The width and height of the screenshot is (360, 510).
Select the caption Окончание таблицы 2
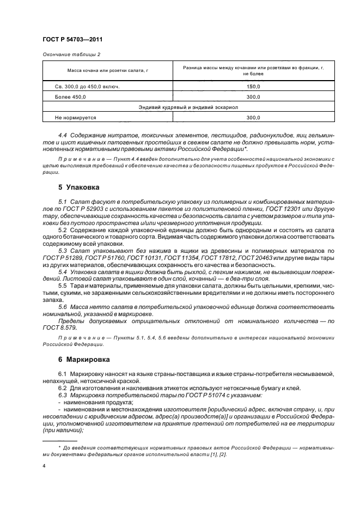click(x=71, y=54)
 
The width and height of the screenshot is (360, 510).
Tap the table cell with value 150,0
click(x=253, y=87)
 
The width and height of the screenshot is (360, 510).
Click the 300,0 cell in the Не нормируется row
click(x=253, y=117)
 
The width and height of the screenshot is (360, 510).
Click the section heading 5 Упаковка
click(x=78, y=187)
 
